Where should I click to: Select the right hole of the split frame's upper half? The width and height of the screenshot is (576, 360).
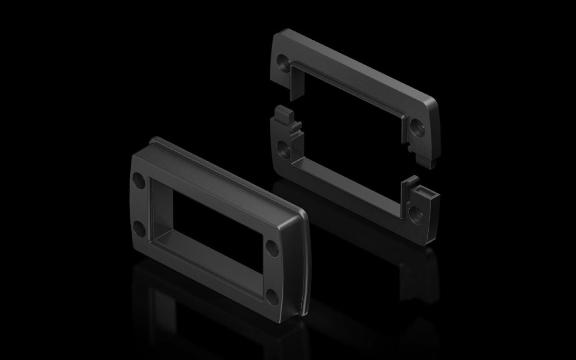417,126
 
